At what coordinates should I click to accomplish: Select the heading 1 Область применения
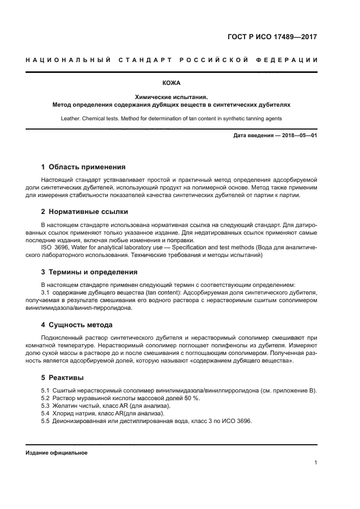[x=83, y=167]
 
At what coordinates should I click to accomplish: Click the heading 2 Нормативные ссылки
[x=85, y=212]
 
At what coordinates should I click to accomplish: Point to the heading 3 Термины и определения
[x=89, y=272]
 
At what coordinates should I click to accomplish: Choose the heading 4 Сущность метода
[x=77, y=325]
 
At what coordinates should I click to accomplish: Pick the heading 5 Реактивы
[x=63, y=377]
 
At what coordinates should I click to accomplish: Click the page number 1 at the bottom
[x=316, y=463]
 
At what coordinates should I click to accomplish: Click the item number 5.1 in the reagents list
[x=46, y=391]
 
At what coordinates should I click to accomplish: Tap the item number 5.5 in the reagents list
[x=46, y=421]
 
